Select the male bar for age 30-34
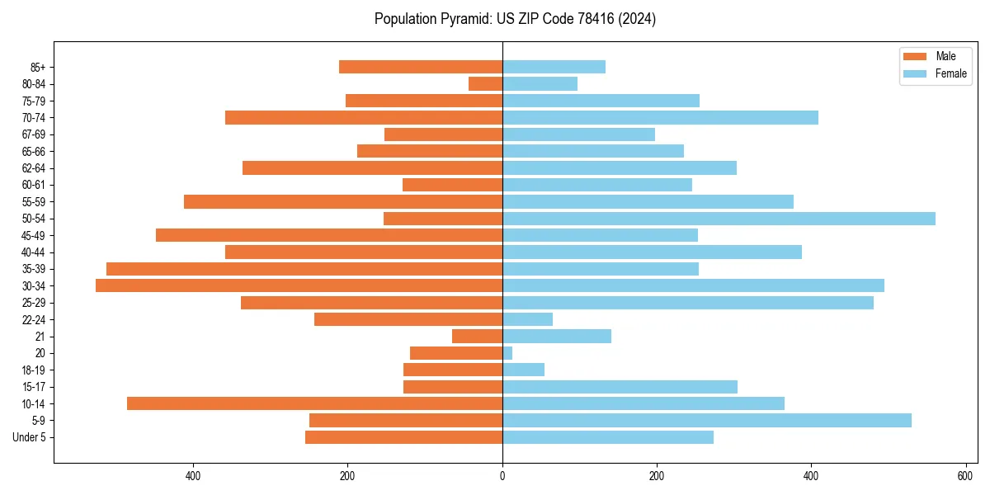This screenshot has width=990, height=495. [299, 285]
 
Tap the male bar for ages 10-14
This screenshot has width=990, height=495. [314, 403]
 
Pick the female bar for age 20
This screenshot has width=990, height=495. [507, 353]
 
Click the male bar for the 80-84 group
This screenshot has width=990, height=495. [485, 83]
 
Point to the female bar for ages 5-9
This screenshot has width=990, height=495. [707, 420]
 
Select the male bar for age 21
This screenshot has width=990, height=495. [477, 336]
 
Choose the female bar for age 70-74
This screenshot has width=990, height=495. [660, 117]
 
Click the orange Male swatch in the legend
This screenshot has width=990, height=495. [915, 56]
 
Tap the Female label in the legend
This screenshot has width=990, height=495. [951, 73]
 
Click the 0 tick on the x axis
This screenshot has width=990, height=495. [502, 476]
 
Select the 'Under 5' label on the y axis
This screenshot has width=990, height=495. [29, 437]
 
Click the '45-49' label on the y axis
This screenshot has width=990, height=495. [33, 235]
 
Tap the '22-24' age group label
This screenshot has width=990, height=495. [33, 319]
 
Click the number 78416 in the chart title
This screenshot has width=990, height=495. [581, 19]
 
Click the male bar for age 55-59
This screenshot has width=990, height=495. [343, 201]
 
